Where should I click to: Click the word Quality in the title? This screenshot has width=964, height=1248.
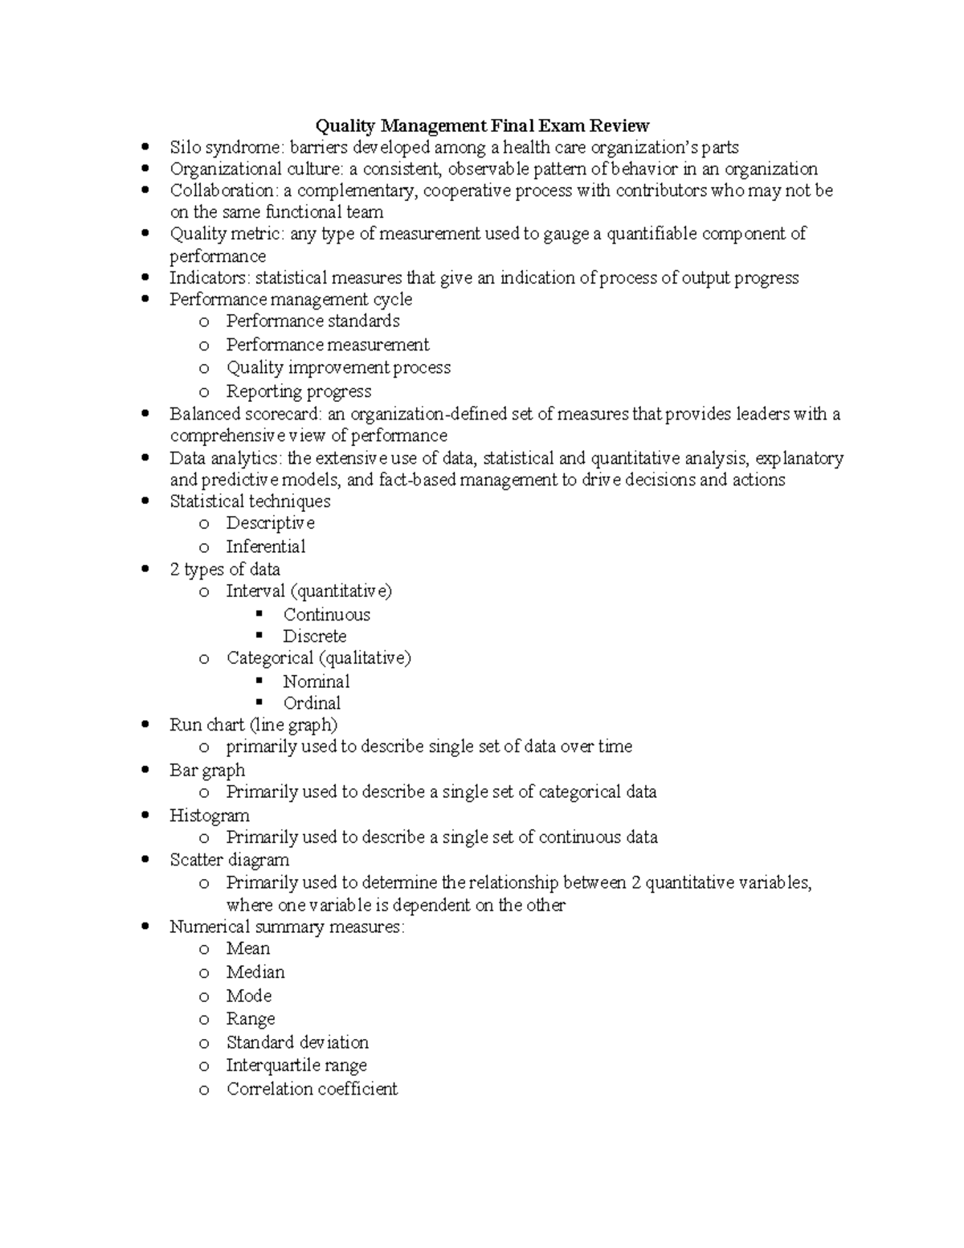(345, 125)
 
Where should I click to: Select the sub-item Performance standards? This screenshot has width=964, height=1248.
(312, 321)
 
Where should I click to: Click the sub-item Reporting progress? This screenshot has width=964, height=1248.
(298, 391)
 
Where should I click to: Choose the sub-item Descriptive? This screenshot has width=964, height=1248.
(270, 523)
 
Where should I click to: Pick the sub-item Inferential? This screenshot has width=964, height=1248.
(265, 546)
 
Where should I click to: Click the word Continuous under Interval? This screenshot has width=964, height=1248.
(326, 615)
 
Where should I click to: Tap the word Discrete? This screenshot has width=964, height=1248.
(314, 636)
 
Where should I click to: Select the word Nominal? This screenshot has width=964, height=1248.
(316, 681)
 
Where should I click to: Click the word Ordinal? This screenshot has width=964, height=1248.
(312, 703)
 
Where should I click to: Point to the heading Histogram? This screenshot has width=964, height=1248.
(209, 816)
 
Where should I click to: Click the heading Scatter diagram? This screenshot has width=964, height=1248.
(229, 860)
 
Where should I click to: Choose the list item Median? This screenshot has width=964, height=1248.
(255, 972)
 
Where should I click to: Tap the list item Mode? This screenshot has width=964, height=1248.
(248, 996)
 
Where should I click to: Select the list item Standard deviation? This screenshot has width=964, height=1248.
(297, 1042)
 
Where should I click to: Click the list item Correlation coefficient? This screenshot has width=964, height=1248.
(312, 1089)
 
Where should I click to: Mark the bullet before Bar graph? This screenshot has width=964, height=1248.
(145, 770)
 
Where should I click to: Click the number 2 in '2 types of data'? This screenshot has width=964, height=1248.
(174, 570)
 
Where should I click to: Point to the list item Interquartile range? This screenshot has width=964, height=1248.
(296, 1066)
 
